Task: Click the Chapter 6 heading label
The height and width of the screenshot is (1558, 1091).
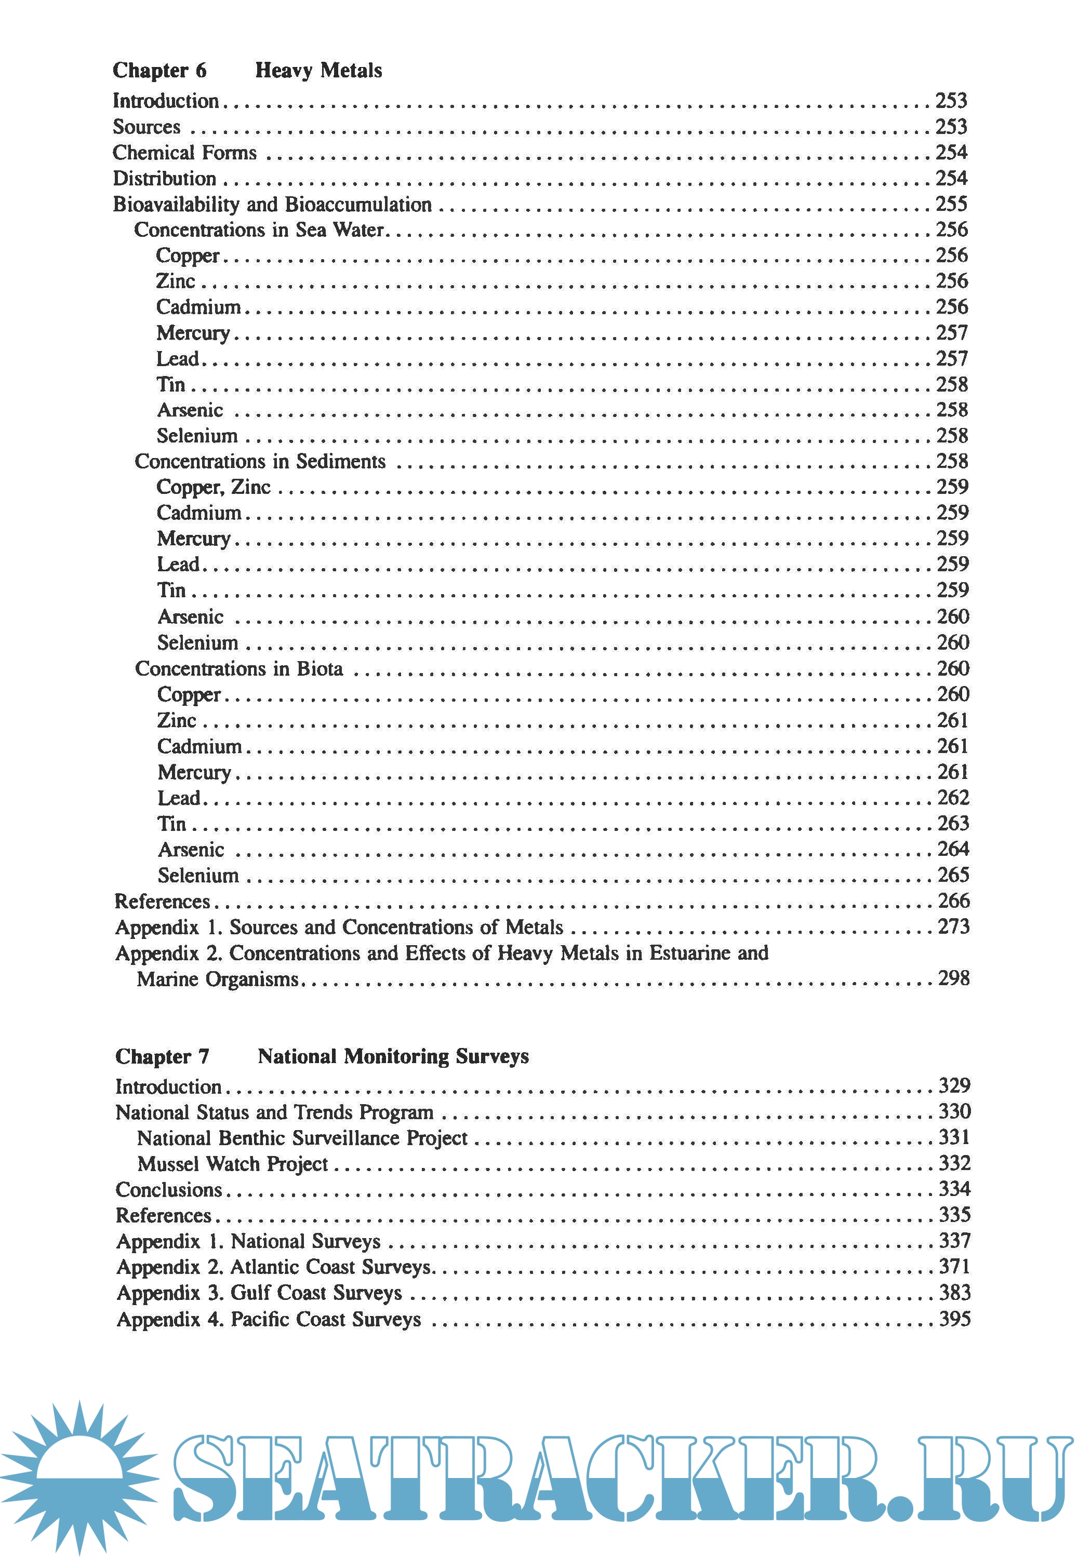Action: tap(159, 70)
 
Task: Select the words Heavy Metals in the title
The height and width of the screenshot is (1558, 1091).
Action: tap(318, 70)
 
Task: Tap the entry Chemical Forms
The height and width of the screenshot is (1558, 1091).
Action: tap(184, 153)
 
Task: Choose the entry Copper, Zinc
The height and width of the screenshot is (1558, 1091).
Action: tap(213, 487)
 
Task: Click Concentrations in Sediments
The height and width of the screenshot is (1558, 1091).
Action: tap(259, 462)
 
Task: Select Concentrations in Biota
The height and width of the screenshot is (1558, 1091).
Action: tap(238, 669)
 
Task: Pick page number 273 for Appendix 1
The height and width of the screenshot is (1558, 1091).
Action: tap(953, 927)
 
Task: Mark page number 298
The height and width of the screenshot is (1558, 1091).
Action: tap(953, 978)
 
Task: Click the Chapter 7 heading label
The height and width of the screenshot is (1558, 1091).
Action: tap(162, 1056)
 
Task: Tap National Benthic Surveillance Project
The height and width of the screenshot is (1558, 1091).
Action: tap(302, 1138)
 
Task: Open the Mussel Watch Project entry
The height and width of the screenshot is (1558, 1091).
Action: tap(232, 1164)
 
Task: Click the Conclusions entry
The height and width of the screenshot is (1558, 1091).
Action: tap(168, 1190)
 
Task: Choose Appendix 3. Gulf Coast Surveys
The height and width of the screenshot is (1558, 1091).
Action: tap(259, 1293)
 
